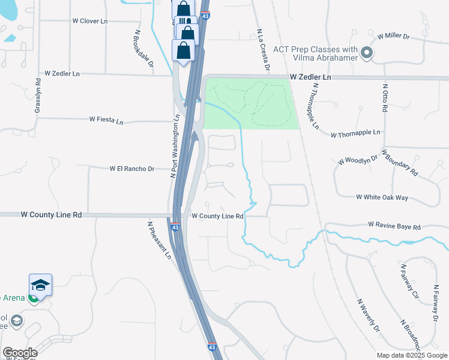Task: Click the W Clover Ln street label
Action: [x=89, y=21]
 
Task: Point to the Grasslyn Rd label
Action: [x=38, y=95]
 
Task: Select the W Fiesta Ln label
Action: [x=106, y=120]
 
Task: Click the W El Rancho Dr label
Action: [x=132, y=169]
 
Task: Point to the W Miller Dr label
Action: [x=393, y=37]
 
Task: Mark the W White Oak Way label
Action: [x=382, y=197]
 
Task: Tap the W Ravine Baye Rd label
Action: [x=394, y=227]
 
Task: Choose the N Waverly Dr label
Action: [x=369, y=315]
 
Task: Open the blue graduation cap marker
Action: [x=41, y=284]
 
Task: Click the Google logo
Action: [x=20, y=353]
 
